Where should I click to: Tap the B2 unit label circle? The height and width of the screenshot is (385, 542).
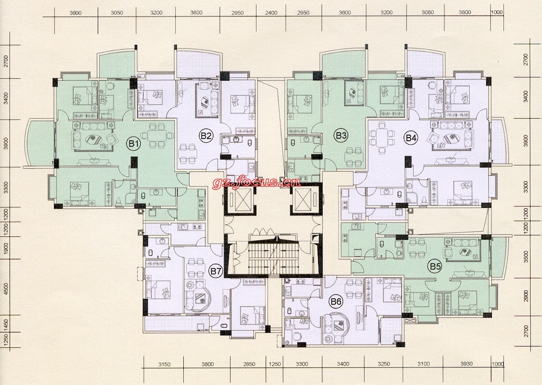tap(206, 136)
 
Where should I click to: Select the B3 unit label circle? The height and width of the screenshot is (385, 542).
tap(341, 136)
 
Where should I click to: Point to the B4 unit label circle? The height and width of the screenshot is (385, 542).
tap(411, 138)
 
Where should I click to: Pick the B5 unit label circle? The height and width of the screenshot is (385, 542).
tap(434, 266)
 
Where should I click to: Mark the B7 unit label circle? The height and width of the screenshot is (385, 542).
tap(216, 272)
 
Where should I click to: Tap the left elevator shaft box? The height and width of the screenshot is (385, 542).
tap(239, 200)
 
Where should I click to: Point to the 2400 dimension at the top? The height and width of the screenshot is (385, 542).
tap(272, 13)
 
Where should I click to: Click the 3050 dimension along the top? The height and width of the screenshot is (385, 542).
tap(117, 13)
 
